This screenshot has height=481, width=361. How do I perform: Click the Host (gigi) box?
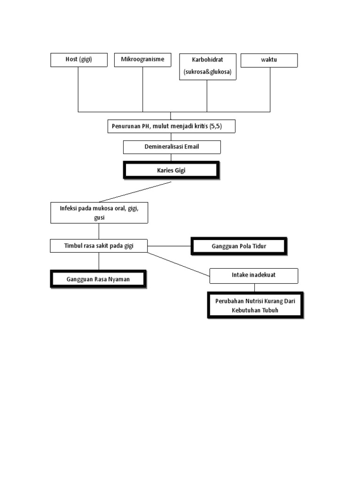[79, 60]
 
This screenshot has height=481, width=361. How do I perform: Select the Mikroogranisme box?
[142, 60]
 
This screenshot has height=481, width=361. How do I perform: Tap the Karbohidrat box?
[207, 66]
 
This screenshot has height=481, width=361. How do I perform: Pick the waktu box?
[269, 60]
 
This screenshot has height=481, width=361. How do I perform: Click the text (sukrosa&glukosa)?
[207, 72]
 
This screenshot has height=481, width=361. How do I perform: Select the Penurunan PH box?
[171, 126]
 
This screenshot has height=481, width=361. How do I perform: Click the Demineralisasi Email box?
[172, 147]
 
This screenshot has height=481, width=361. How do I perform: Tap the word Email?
[191, 147]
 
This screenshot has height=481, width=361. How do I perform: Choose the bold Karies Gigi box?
[171, 170]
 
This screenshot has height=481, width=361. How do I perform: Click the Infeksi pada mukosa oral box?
[99, 213]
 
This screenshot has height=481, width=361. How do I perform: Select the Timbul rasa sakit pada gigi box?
[99, 246]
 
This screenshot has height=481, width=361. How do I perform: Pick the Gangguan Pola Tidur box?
[238, 246]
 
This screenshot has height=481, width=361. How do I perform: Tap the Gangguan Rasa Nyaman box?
[98, 279]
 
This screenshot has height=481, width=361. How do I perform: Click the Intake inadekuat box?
[253, 276]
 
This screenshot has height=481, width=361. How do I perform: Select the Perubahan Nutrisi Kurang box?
[255, 305]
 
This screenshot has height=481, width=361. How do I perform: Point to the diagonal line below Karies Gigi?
[135, 192]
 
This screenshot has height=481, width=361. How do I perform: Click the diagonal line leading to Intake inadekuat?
[179, 264]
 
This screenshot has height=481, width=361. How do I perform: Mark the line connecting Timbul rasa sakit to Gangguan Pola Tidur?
[169, 246]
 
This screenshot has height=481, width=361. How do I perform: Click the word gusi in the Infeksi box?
[99, 218]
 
